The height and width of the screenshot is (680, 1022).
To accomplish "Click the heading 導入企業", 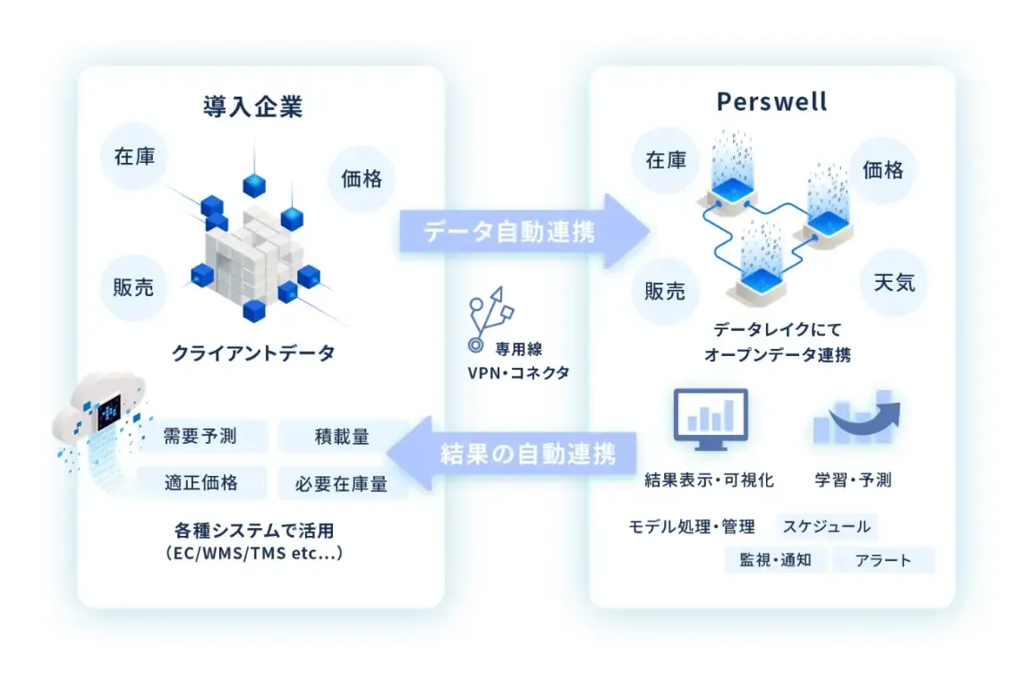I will pos(252,107).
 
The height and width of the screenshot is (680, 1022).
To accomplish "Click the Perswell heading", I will pos(771,102).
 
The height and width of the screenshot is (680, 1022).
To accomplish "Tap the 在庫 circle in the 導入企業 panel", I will pos(134,157).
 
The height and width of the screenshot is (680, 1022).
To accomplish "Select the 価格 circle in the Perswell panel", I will pos(882,170).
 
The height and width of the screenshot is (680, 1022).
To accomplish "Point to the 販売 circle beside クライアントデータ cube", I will pos(134,287).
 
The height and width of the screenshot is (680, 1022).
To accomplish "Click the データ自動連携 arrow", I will pos(524,232).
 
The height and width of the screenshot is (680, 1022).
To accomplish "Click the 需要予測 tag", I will pos(201,437).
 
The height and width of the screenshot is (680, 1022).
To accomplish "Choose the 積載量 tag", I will pos(342,437).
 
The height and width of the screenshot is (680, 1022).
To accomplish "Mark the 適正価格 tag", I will pos(201,483).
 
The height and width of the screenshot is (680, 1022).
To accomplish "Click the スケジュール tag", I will pos(826,526).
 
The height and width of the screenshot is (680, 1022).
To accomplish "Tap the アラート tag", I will pos(883,560).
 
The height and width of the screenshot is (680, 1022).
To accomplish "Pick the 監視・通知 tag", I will pos(775,560).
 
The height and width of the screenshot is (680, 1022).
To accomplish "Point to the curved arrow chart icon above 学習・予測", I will pos(856,421).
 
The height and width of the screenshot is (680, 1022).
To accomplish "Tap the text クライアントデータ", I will pos(253,353).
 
